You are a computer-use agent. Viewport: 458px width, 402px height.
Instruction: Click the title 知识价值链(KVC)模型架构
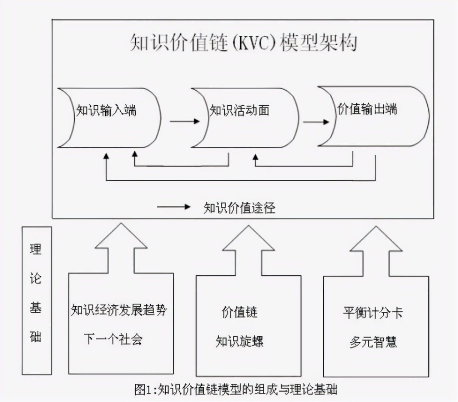click(x=243, y=43)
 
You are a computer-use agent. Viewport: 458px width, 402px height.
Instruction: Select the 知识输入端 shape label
click(x=106, y=110)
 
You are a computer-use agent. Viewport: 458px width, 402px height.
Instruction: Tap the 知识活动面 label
click(x=239, y=110)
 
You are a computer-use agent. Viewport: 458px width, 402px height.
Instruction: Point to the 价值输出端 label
click(x=367, y=109)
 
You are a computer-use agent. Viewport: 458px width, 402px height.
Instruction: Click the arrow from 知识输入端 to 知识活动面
click(x=184, y=121)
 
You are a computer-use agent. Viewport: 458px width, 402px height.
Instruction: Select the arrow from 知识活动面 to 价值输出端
click(x=316, y=122)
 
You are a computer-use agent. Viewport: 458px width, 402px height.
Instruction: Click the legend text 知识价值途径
click(x=239, y=208)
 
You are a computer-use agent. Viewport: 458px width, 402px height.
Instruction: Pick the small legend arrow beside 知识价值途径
click(x=174, y=206)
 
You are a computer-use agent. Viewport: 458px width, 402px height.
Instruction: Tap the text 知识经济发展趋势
click(x=119, y=310)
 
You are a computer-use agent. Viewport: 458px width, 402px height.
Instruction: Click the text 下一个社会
click(x=113, y=339)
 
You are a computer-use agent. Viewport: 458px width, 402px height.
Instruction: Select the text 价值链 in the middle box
click(x=239, y=312)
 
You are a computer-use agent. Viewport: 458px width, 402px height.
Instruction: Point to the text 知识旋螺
click(x=239, y=342)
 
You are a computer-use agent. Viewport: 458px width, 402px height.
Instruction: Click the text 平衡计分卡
click(x=373, y=313)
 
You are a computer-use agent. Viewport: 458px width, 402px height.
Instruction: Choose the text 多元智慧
click(x=373, y=342)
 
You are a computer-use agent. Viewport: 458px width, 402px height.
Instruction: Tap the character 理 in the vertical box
click(x=36, y=249)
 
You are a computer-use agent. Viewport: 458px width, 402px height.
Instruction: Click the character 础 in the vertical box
click(x=36, y=337)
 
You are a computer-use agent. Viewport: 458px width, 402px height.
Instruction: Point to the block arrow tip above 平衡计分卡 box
click(x=376, y=227)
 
